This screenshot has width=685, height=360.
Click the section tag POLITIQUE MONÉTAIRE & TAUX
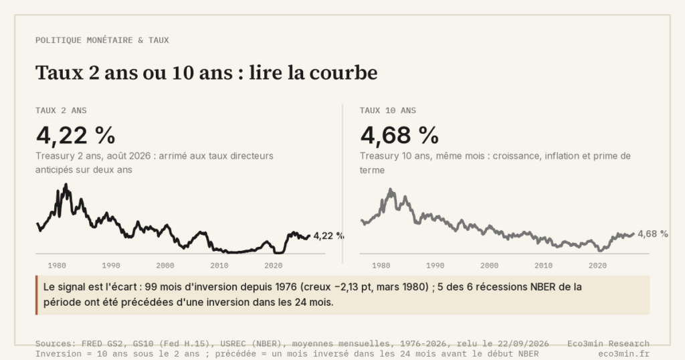[102, 40]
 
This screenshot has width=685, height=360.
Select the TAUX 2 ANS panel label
[61, 110]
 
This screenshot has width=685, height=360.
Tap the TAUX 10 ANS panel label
[388, 110]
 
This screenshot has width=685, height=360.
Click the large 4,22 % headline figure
[76, 135]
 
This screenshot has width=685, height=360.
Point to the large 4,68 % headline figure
[399, 135]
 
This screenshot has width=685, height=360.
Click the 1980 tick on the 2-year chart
[57, 265]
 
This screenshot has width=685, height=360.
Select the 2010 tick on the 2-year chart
[219, 265]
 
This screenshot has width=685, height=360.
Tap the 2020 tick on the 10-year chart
[597, 265]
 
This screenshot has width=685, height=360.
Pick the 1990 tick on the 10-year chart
[435, 265]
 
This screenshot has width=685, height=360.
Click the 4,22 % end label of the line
[328, 236]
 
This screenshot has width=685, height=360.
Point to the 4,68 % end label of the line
[653, 234]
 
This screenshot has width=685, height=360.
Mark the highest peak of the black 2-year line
[66, 185]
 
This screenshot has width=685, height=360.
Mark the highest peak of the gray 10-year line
[391, 190]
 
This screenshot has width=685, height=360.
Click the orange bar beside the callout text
[37, 295]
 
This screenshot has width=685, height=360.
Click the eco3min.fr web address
[624, 354]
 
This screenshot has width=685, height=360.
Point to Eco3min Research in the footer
[609, 344]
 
